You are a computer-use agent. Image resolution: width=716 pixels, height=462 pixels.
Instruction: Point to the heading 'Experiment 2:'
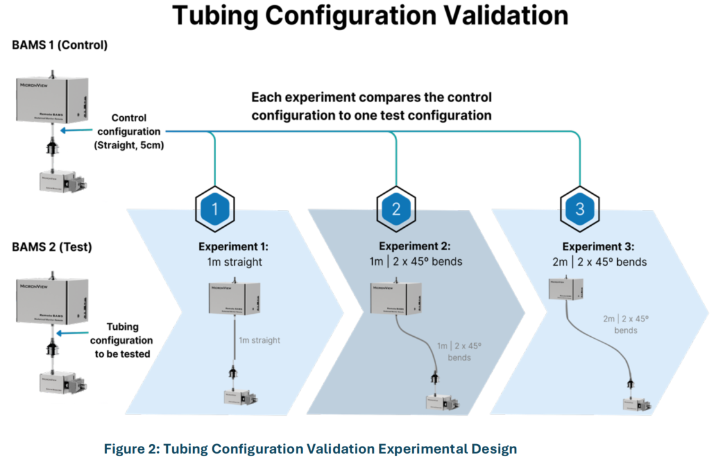pyautogui.click(x=414, y=246)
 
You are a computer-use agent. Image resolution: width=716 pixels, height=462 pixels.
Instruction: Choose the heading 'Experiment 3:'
pyautogui.click(x=598, y=246)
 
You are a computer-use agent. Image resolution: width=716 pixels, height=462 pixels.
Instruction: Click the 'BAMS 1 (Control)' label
pyautogui.click(x=59, y=46)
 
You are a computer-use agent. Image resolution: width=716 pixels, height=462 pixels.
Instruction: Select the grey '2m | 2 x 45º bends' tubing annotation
pyautogui.click(x=625, y=324)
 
